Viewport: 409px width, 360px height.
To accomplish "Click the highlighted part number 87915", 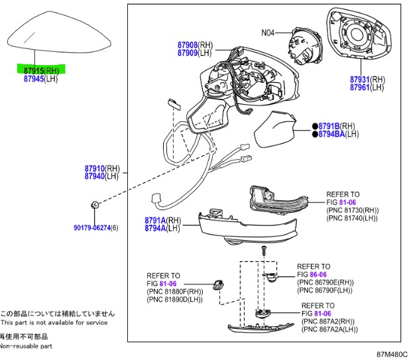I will (x=33, y=70).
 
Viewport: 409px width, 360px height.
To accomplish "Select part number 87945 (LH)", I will (x=33, y=78).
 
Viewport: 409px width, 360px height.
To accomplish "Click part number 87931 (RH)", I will (x=361, y=79).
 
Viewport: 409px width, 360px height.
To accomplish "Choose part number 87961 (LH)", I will (x=361, y=87).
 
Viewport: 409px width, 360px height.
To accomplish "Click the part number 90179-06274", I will (x=91, y=228).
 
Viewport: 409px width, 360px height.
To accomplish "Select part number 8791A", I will (x=154, y=220).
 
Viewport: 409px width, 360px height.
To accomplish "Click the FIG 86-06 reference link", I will (x=318, y=274).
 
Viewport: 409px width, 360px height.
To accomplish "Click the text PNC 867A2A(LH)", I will (x=329, y=329).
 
